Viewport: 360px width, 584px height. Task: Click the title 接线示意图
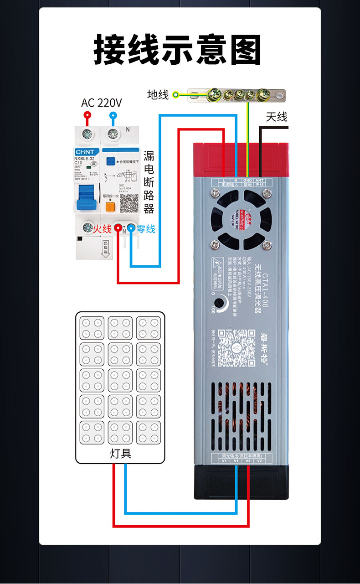(177, 49)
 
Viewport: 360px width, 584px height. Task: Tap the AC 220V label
(102, 103)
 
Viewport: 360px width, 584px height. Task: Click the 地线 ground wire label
(158, 95)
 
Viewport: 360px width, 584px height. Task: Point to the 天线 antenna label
(277, 117)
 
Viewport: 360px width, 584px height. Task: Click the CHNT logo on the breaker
(85, 152)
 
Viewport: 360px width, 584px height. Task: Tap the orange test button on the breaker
(110, 207)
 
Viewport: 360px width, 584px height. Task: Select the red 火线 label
(102, 229)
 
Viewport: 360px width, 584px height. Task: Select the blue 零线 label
(146, 229)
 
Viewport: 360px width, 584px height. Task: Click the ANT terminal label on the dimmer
(260, 181)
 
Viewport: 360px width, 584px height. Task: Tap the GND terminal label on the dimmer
(247, 181)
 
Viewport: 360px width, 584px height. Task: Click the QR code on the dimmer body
(236, 347)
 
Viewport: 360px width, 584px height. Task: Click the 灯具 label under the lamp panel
(120, 454)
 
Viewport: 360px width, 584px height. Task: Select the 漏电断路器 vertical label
(149, 182)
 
